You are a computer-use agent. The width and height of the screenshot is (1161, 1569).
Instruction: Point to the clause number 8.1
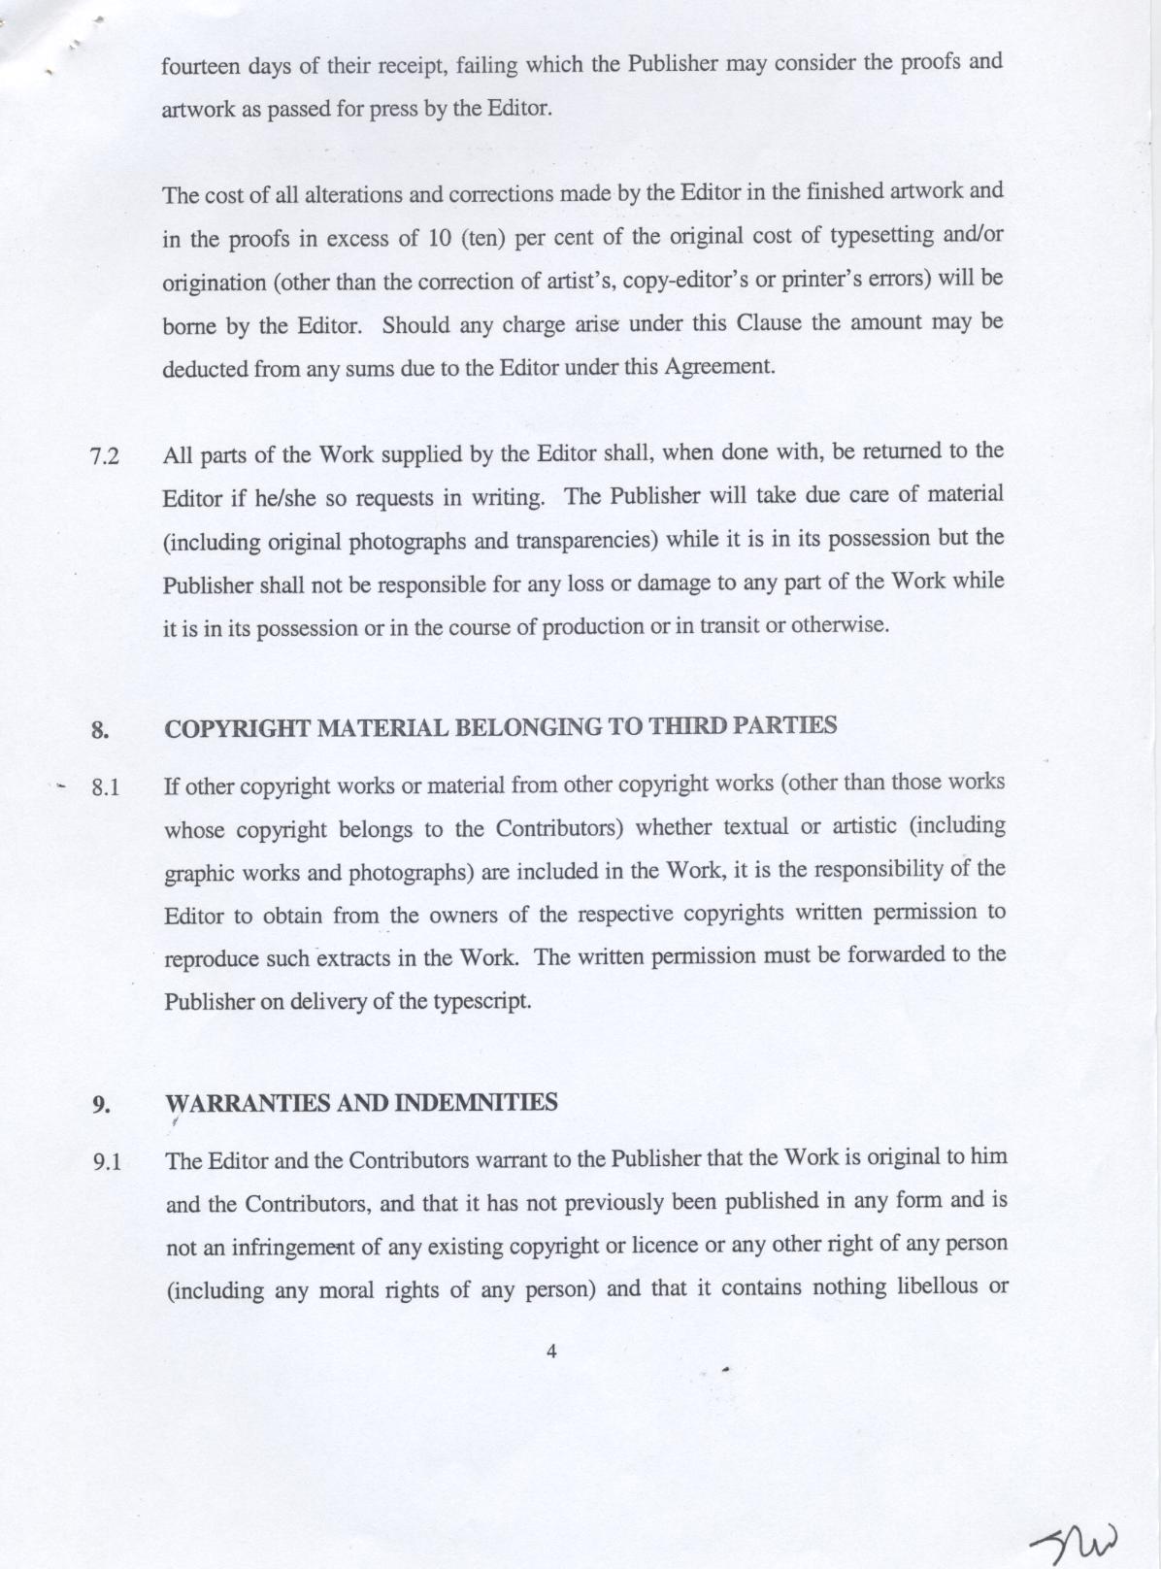point(105,787)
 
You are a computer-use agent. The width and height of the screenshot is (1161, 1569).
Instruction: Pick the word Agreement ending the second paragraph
point(718,367)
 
